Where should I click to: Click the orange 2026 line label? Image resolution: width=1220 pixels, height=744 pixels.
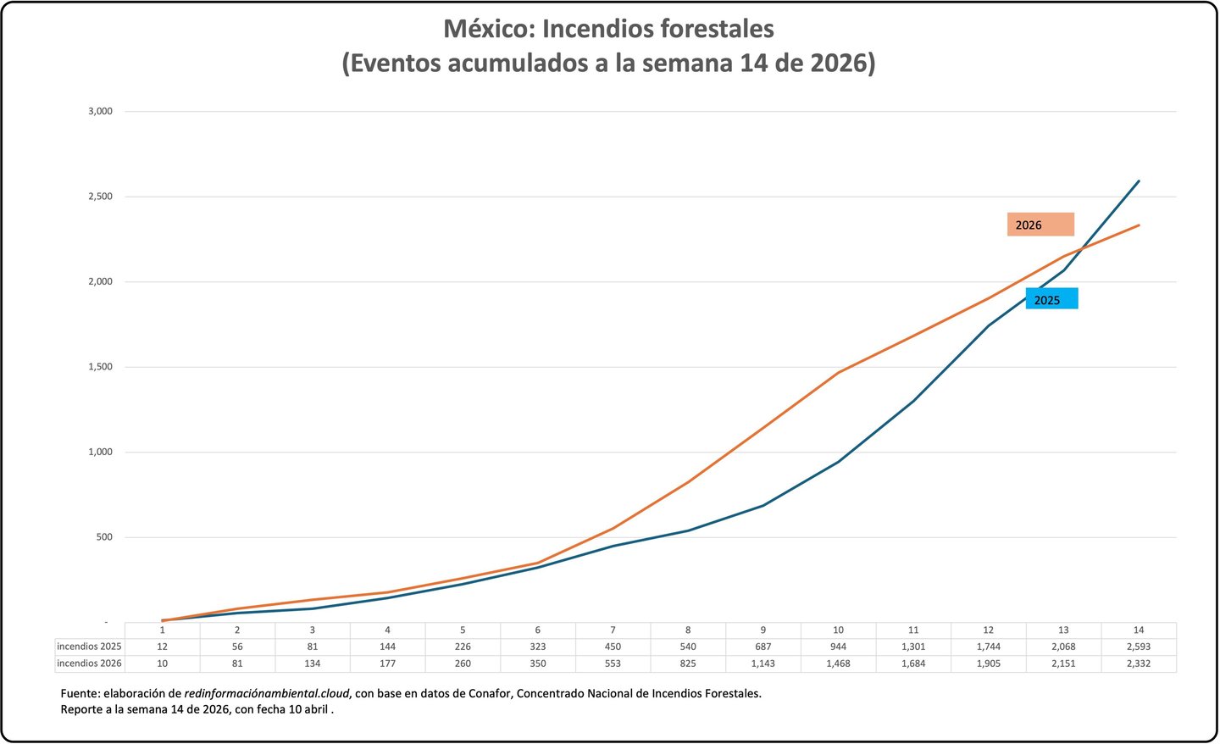[1040, 225]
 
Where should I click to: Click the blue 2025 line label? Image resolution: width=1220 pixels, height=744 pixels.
[1051, 299]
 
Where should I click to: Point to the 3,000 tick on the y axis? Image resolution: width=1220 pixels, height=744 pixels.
[100, 111]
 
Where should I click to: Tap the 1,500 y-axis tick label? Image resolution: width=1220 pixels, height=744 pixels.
[100, 367]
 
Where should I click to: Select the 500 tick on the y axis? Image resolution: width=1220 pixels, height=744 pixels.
[104, 537]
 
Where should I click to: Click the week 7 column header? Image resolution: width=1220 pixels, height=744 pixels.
[613, 630]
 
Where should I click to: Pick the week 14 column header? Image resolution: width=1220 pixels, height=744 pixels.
[1139, 630]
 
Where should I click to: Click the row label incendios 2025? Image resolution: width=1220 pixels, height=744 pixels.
[89, 647]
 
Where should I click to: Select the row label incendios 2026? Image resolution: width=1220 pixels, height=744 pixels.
[89, 663]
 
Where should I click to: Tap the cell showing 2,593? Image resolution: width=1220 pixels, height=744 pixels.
[1139, 647]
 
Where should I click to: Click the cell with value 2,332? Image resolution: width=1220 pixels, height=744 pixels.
[1139, 663]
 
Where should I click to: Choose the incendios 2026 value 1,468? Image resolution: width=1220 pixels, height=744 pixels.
[838, 663]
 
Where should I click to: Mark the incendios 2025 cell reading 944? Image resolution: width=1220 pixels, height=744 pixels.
[838, 647]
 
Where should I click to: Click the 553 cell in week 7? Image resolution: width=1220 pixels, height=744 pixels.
[613, 663]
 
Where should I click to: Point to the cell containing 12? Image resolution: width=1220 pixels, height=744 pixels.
[162, 647]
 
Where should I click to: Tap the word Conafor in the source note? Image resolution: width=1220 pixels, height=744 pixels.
[490, 693]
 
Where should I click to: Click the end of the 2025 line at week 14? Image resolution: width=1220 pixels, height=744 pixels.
[1139, 180]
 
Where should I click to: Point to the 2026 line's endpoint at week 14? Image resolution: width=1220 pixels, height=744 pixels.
[1139, 225]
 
